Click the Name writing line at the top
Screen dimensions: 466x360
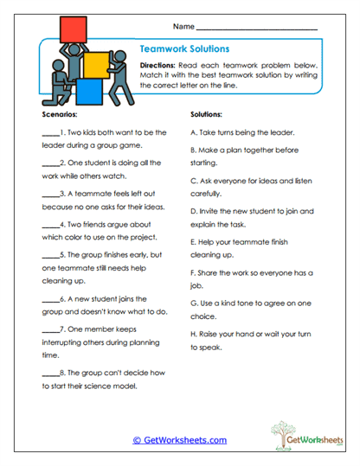(x=257, y=29)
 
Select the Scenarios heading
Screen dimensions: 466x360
(x=60, y=114)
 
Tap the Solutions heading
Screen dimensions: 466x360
(x=206, y=114)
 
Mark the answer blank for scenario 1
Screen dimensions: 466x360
(x=48, y=133)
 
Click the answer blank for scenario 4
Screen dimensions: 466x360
(x=48, y=222)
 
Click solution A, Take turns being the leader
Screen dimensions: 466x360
(x=241, y=133)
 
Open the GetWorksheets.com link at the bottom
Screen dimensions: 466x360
(x=180, y=440)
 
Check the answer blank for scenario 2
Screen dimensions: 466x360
(x=48, y=163)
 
